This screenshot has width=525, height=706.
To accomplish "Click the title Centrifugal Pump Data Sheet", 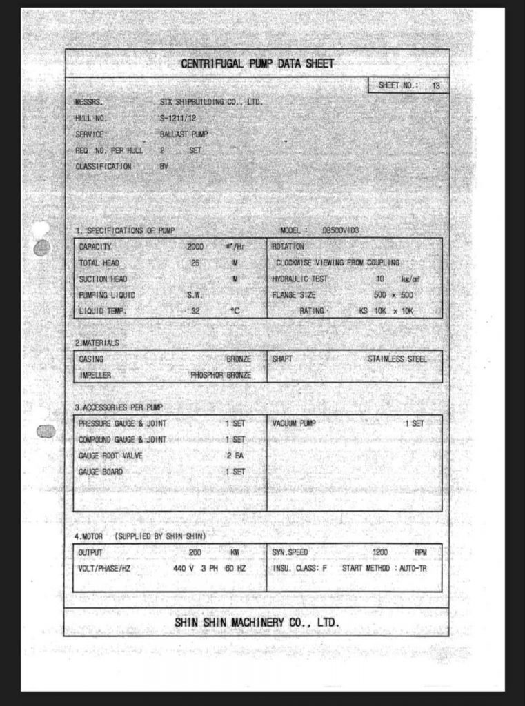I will (x=257, y=64).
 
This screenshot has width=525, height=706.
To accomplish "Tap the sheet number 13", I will (x=435, y=86).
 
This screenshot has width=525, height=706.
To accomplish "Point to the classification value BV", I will (x=164, y=166).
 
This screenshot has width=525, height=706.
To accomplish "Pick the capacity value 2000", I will (x=196, y=247).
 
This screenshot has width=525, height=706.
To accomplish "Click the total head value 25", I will (x=196, y=263).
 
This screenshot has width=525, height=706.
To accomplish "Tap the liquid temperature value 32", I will (x=196, y=311).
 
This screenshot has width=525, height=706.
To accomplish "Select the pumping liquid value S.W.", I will (x=194, y=295).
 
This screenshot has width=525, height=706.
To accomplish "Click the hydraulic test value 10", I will (x=379, y=279).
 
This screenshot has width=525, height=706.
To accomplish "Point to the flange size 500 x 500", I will (x=393, y=295).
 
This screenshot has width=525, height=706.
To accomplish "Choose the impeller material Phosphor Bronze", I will (x=221, y=376).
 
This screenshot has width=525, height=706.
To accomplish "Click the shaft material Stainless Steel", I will (x=397, y=359).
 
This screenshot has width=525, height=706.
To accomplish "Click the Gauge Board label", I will (x=101, y=472).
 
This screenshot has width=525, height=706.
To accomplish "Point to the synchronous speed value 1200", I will (x=380, y=553).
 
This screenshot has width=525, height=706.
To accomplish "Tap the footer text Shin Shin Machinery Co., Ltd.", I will (x=257, y=623).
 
